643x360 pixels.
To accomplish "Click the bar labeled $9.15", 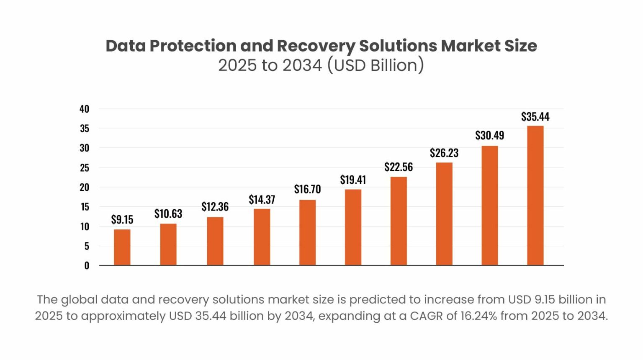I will click(122, 247).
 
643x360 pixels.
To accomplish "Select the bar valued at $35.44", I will click(535, 195).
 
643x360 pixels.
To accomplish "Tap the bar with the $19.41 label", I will click(353, 227).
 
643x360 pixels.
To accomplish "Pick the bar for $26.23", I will click(444, 214).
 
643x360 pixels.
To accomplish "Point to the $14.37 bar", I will click(262, 237).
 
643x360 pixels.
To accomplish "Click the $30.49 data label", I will click(489, 136).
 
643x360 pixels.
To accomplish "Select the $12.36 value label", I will click(215, 207).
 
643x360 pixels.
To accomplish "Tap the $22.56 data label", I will click(399, 167).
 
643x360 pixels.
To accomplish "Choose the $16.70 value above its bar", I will click(307, 189).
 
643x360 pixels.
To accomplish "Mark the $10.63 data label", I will click(168, 214).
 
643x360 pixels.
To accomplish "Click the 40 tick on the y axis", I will click(85, 109).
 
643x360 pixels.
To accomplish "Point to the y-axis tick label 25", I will click(85, 168).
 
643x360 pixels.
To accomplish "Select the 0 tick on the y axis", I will click(87, 265).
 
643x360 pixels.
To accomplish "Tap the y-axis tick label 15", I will click(85, 207).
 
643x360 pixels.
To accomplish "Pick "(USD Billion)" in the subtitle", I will click(376, 65).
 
